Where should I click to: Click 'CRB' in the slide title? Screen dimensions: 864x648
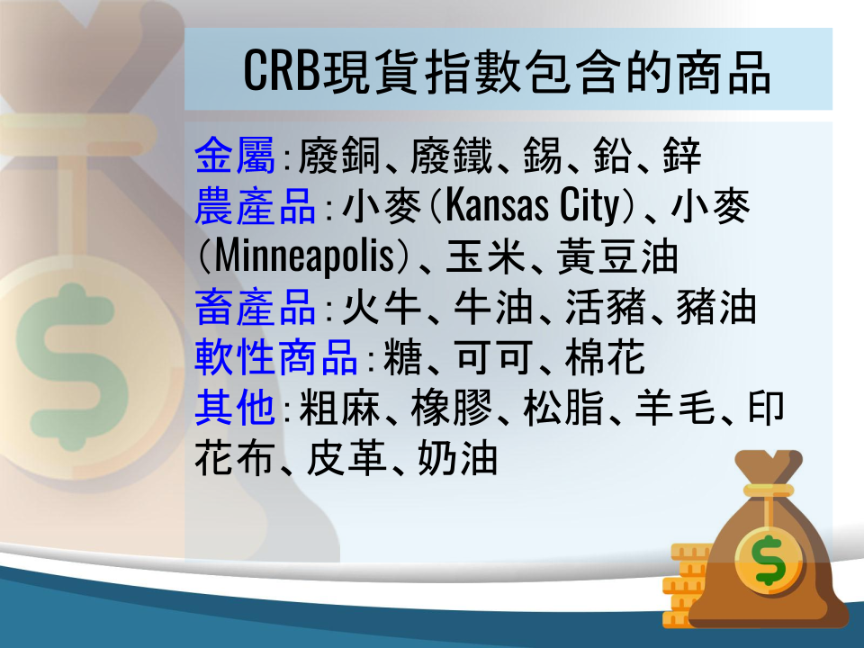[x=282, y=70]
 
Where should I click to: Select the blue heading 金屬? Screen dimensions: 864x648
[x=235, y=155]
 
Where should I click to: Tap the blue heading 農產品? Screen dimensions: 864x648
[x=255, y=205]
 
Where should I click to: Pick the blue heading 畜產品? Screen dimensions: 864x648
[x=255, y=307]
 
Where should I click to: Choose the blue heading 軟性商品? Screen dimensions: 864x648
[x=276, y=357]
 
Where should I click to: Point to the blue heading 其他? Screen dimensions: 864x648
[x=235, y=408]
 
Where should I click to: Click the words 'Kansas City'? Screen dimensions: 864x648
[x=533, y=205]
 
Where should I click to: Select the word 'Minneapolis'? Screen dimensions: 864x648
[x=304, y=256]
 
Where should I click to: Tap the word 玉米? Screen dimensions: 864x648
[x=485, y=256]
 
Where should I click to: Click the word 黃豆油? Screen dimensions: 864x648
[x=617, y=256]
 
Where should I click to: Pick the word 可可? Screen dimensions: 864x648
[x=494, y=357]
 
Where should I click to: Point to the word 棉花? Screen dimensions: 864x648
[x=605, y=357]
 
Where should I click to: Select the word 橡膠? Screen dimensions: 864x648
[x=451, y=408]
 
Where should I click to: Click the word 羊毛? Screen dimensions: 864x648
[x=674, y=408]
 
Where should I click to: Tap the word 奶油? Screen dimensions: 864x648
[x=457, y=458]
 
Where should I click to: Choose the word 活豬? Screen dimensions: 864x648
[x=605, y=307]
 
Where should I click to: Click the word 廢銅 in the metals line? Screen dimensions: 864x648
[x=338, y=155]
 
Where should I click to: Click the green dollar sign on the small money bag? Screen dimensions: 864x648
[x=769, y=560]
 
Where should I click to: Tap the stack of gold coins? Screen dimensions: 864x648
[x=684, y=585]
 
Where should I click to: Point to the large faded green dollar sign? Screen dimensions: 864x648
[x=72, y=367]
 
